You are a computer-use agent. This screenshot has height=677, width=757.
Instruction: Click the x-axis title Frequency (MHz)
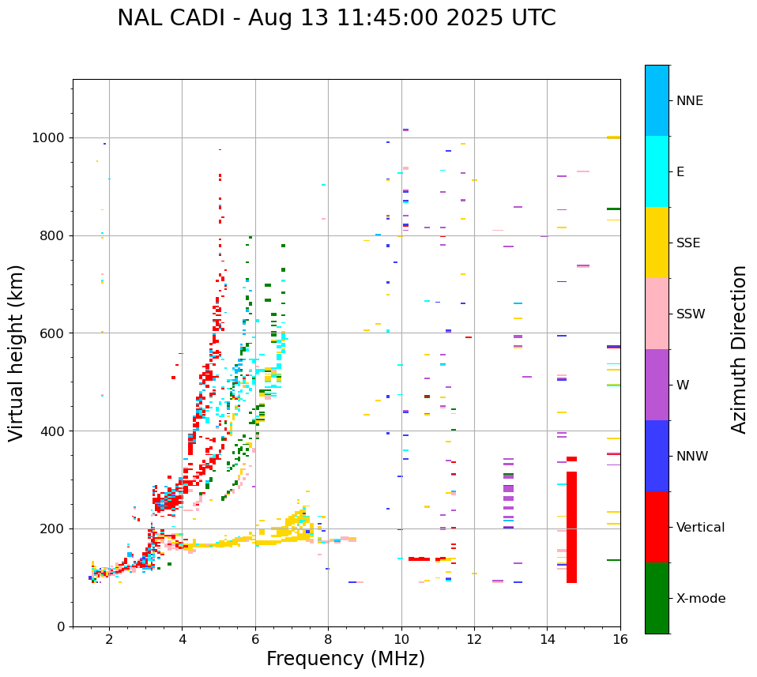345,659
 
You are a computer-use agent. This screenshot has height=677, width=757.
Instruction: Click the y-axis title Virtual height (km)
17,353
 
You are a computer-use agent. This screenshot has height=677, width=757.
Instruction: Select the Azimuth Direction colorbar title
739,349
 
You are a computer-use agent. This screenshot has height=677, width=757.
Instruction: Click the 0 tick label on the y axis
60,626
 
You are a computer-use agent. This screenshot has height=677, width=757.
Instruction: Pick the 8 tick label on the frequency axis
328,640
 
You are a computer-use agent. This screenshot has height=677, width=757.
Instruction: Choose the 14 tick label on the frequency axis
547,640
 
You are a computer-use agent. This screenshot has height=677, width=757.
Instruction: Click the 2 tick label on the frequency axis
109,640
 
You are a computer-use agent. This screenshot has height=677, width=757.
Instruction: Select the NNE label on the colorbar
689,101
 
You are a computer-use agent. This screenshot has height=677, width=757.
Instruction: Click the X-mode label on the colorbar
700,599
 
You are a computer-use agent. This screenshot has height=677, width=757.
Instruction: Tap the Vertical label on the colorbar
700,528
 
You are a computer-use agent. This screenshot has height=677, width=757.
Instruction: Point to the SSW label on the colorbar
691,314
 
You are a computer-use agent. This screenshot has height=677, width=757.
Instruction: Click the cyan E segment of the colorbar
657,171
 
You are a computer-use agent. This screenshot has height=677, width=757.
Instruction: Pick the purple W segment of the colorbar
657,385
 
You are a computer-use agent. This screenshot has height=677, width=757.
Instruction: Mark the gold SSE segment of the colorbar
657,243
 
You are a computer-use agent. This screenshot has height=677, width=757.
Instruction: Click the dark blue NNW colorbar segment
657,456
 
